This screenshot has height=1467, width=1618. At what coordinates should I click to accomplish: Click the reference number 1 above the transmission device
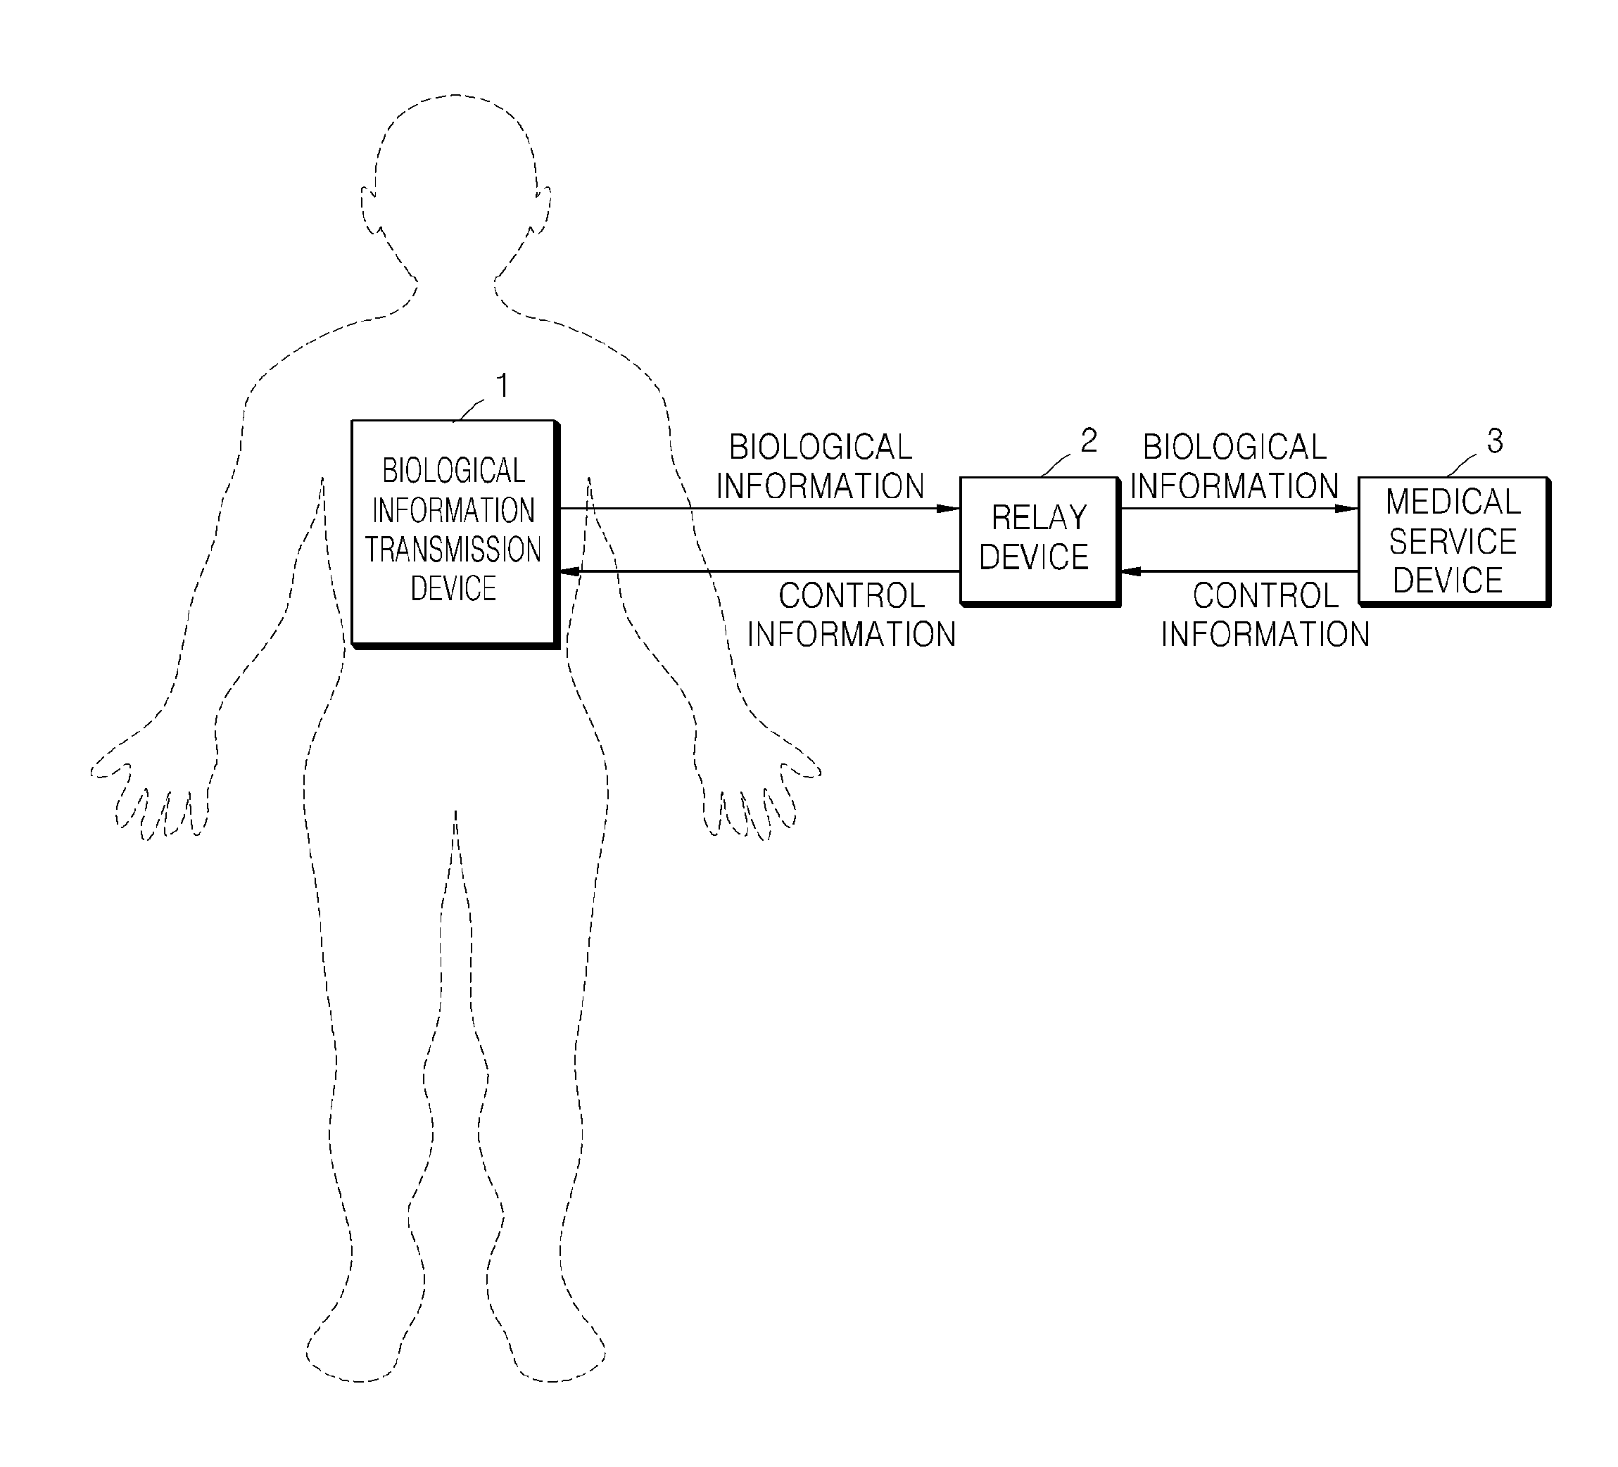(x=503, y=386)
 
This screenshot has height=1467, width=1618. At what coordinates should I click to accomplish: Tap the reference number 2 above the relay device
(x=1088, y=440)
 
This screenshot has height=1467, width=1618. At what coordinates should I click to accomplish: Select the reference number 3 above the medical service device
(x=1494, y=440)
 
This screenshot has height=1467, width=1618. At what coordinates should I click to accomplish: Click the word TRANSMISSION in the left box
(x=453, y=550)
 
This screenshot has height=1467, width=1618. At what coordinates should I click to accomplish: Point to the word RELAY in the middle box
(x=1039, y=518)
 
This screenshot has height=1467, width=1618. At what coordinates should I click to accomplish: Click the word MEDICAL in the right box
(x=1453, y=502)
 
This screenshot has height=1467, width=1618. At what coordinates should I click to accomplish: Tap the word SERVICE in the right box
(x=1453, y=542)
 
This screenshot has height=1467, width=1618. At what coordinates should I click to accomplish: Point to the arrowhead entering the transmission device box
(x=570, y=571)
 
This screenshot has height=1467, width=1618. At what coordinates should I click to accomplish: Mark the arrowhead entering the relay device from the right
(x=1130, y=571)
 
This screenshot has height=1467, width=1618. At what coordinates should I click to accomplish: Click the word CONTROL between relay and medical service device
(x=1265, y=595)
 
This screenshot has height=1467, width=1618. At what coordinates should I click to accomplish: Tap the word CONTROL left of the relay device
(x=852, y=595)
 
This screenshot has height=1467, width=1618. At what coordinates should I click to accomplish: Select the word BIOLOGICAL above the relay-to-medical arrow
(x=1234, y=447)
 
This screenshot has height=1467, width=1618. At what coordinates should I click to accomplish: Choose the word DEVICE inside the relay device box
(x=1034, y=557)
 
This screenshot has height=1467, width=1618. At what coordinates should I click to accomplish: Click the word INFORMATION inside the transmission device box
(x=453, y=510)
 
